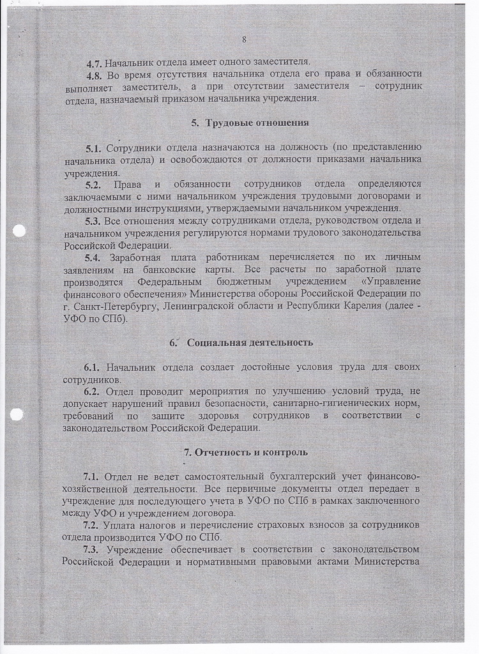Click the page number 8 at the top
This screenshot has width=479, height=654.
[244, 40]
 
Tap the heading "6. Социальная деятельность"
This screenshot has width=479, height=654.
[241, 342]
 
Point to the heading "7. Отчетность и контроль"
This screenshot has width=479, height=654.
[246, 452]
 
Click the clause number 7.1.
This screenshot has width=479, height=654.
[92, 476]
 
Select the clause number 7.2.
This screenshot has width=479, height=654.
[92, 525]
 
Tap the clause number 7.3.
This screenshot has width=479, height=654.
[92, 549]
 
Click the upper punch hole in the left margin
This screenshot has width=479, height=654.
[19, 231]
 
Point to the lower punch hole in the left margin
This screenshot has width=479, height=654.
[17, 414]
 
